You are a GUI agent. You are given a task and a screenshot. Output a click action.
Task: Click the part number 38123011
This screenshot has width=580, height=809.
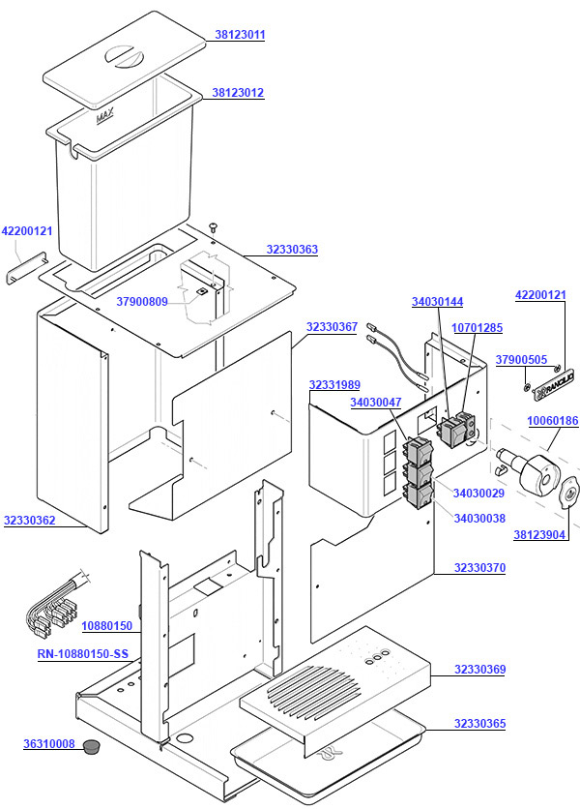(x=240, y=35)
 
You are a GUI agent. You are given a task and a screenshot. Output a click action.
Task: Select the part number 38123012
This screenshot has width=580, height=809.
(x=238, y=93)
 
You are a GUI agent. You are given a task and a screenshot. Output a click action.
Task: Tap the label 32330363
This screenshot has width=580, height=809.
(x=292, y=250)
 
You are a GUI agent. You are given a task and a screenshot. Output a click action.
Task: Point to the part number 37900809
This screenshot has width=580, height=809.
(x=142, y=302)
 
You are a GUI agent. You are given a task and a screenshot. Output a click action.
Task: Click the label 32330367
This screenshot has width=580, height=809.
(x=333, y=327)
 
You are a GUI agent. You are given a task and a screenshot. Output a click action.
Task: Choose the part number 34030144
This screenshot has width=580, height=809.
(x=437, y=302)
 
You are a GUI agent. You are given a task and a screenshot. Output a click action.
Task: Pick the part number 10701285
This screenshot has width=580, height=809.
(x=477, y=328)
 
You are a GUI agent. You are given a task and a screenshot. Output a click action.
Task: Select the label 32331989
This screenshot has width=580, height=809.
(x=334, y=385)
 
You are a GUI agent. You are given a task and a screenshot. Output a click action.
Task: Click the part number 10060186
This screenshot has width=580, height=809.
(x=552, y=421)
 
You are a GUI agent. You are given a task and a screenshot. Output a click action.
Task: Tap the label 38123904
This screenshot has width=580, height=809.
(x=539, y=534)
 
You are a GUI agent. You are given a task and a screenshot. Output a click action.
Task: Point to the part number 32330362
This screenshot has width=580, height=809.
(x=30, y=521)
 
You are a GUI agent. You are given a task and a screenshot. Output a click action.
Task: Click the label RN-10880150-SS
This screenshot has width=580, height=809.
(x=82, y=654)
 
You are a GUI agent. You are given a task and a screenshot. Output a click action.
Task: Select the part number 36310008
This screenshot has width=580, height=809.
(x=49, y=744)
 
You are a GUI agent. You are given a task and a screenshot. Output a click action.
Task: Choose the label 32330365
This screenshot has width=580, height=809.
(x=480, y=724)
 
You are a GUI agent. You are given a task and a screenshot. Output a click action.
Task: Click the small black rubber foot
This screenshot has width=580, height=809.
(x=93, y=745)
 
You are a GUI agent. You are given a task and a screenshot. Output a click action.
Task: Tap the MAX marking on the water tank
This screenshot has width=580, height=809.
(x=104, y=118)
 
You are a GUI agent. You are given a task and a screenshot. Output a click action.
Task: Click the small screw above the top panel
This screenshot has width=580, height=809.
(x=214, y=225)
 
